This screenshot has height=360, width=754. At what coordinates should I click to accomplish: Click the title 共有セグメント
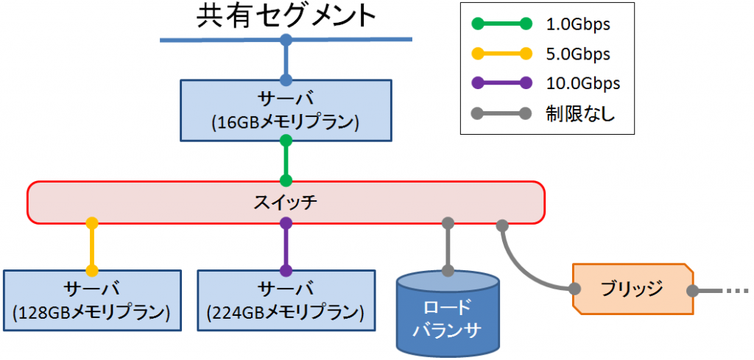coord(286,16)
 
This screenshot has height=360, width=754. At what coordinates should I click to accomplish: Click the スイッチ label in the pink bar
coord(286,202)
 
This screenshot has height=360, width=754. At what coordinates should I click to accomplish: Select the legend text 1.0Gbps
coord(579,24)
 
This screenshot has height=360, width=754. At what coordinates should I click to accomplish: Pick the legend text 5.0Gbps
coord(579,54)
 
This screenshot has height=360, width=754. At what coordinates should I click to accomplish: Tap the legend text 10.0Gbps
coord(582,83)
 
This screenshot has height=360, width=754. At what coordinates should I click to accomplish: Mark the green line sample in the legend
coord(501,24)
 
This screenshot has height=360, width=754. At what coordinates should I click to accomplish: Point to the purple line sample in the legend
coord(501,83)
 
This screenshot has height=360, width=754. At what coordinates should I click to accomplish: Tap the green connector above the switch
coord(286,160)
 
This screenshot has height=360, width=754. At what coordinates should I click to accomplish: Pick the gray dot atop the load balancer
coord(447,270)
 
